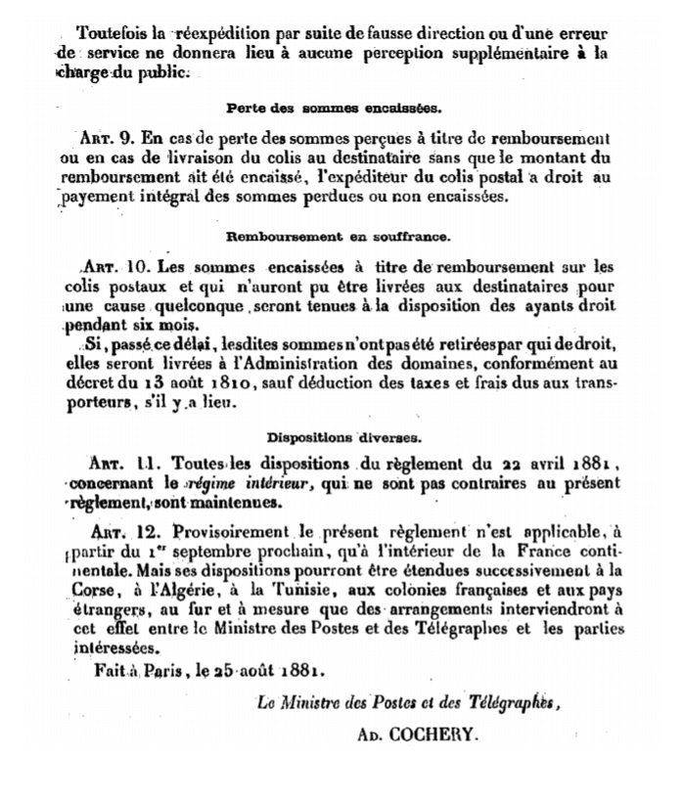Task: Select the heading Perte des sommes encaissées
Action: [x=333, y=107]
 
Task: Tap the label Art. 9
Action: [x=105, y=138]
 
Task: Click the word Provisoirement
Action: [x=232, y=534]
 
